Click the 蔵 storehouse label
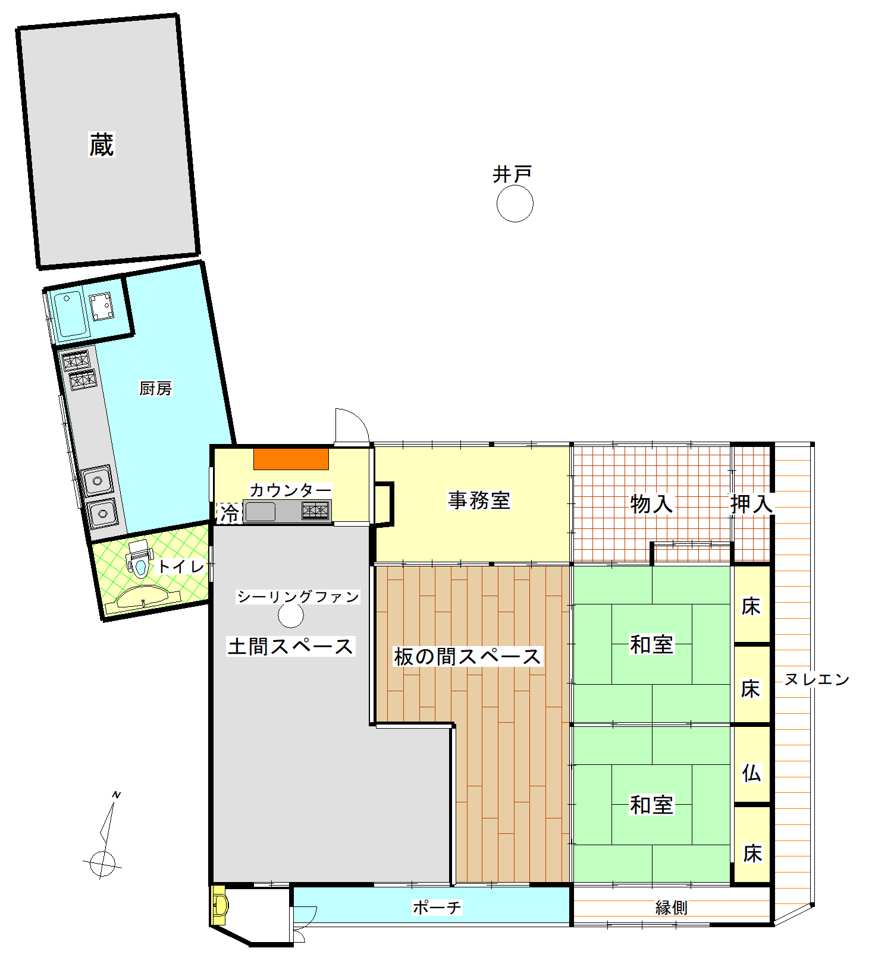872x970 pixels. pyautogui.click(x=101, y=144)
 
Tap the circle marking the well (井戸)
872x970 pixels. pyautogui.click(x=515, y=203)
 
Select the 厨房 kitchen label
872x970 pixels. pyautogui.click(x=155, y=388)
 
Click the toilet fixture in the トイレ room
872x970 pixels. pyautogui.click(x=140, y=558)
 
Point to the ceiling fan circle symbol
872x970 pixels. pyautogui.click(x=291, y=615)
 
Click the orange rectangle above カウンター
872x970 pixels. pyautogui.click(x=291, y=459)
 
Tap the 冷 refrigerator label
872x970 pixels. pyautogui.click(x=230, y=513)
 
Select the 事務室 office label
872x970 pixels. pyautogui.click(x=479, y=500)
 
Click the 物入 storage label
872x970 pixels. pyautogui.click(x=651, y=504)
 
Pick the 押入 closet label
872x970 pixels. pyautogui.click(x=752, y=504)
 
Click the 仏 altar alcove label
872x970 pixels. pyautogui.click(x=752, y=773)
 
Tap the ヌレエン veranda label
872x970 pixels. pyautogui.click(x=817, y=679)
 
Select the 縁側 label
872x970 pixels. pyautogui.click(x=672, y=908)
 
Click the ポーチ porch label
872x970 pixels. pyautogui.click(x=437, y=907)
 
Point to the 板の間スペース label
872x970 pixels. pyautogui.click(x=468, y=656)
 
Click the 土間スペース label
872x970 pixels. pyautogui.click(x=291, y=646)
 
